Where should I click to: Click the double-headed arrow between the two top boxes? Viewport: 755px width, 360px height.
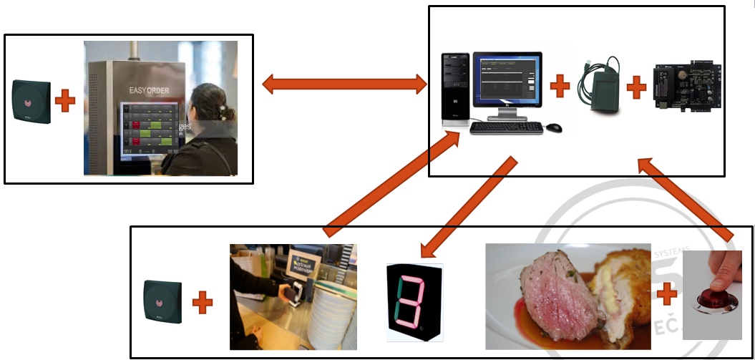click(344, 84)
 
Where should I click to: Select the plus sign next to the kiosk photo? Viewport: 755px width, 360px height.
click(65, 101)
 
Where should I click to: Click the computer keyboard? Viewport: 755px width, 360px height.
click(506, 128)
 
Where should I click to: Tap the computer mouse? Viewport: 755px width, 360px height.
click(554, 128)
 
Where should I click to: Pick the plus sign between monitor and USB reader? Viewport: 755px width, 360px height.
click(560, 87)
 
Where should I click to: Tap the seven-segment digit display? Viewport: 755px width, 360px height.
click(415, 302)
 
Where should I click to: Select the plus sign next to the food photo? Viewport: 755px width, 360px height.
click(667, 293)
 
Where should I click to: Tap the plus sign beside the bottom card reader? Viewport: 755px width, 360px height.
click(203, 302)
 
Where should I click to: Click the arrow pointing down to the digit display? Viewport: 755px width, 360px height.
click(469, 207)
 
